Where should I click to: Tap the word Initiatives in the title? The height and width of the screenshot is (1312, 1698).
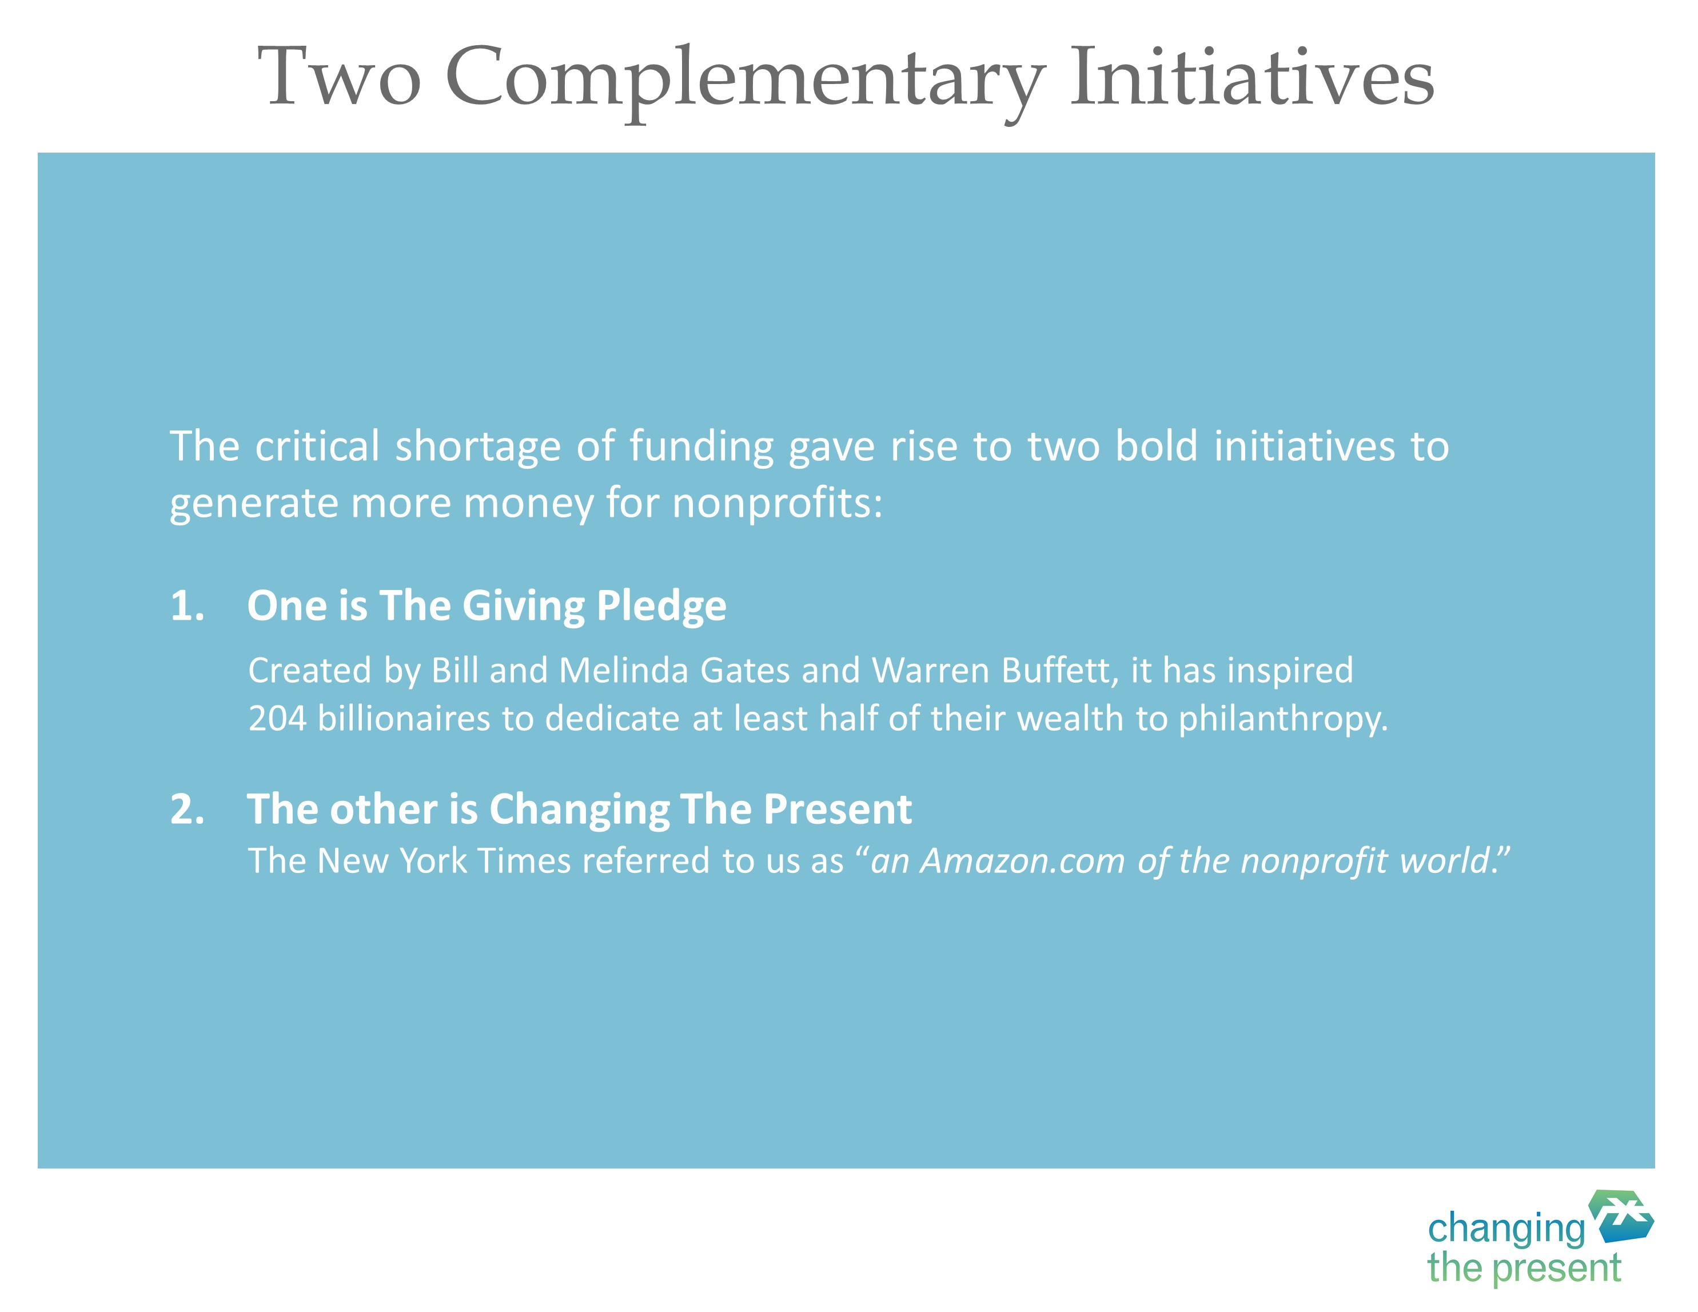[1251, 75]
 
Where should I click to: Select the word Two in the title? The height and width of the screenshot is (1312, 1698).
[340, 76]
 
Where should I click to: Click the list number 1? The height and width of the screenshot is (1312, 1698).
[186, 605]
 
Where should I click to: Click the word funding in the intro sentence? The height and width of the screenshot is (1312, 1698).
[701, 448]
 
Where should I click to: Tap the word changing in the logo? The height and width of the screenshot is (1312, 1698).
[1506, 1230]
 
